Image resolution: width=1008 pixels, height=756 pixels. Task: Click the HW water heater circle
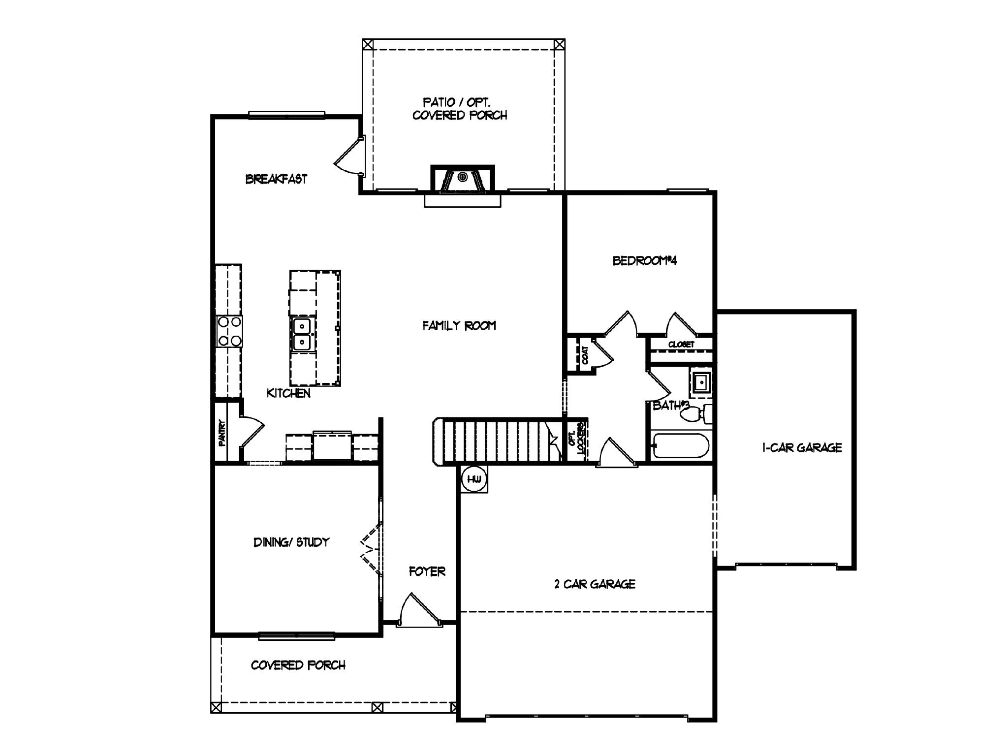(474, 479)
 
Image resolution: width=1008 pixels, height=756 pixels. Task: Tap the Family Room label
(459, 325)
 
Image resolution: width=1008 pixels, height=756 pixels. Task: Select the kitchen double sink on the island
(302, 334)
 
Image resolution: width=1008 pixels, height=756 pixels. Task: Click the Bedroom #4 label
(644, 261)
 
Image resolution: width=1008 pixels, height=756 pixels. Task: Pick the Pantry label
(222, 433)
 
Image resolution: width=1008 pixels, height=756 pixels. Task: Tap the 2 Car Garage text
(594, 584)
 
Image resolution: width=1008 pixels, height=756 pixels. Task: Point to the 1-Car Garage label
(802, 448)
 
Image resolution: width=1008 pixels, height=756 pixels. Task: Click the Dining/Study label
(291, 542)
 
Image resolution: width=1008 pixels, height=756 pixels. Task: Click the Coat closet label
(585, 355)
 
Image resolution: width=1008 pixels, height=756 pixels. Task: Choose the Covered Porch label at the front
(298, 665)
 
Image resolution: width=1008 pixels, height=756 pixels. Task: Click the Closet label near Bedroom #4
(681, 345)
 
